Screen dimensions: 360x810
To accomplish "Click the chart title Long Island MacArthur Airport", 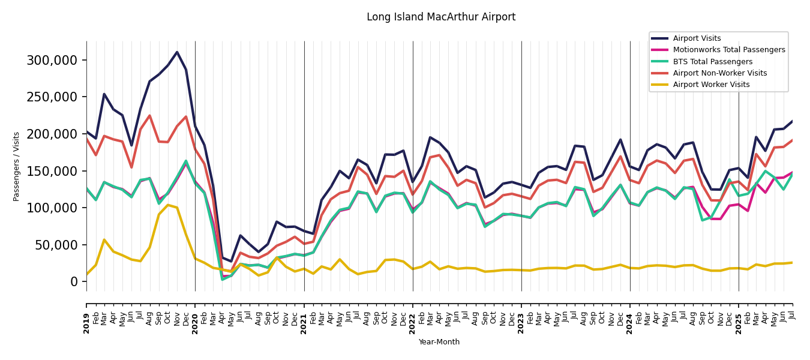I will pyautogui.click(x=441, y=17).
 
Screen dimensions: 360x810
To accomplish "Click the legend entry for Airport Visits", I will pyautogui.click(x=697, y=38).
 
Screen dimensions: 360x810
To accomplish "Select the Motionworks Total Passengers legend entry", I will pyautogui.click(x=728, y=50).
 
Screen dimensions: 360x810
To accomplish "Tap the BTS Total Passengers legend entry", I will pyautogui.click(x=712, y=62).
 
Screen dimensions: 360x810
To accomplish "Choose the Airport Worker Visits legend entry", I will pyautogui.click(x=711, y=85).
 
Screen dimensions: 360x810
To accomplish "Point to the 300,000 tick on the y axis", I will pyautogui.click(x=52, y=60).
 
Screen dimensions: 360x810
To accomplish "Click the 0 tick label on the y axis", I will pyautogui.click(x=74, y=281).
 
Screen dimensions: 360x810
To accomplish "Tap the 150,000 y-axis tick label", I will pyautogui.click(x=52, y=171).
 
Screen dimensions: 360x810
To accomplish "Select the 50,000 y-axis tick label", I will pyautogui.click(x=56, y=245).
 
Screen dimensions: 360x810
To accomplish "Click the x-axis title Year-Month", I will pyautogui.click(x=439, y=342).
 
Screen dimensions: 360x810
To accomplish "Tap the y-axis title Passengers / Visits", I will pyautogui.click(x=17, y=166).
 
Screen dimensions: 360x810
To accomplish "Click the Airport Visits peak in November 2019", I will pyautogui.click(x=177, y=52).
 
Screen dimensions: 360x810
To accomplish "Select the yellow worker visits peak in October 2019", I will pyautogui.click(x=168, y=205).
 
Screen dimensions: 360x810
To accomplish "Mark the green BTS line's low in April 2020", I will pyautogui.click(x=222, y=279).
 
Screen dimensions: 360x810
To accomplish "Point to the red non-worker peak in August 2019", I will pyautogui.click(x=149, y=116).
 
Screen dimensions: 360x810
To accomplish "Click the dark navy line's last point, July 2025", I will pyautogui.click(x=792, y=121).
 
